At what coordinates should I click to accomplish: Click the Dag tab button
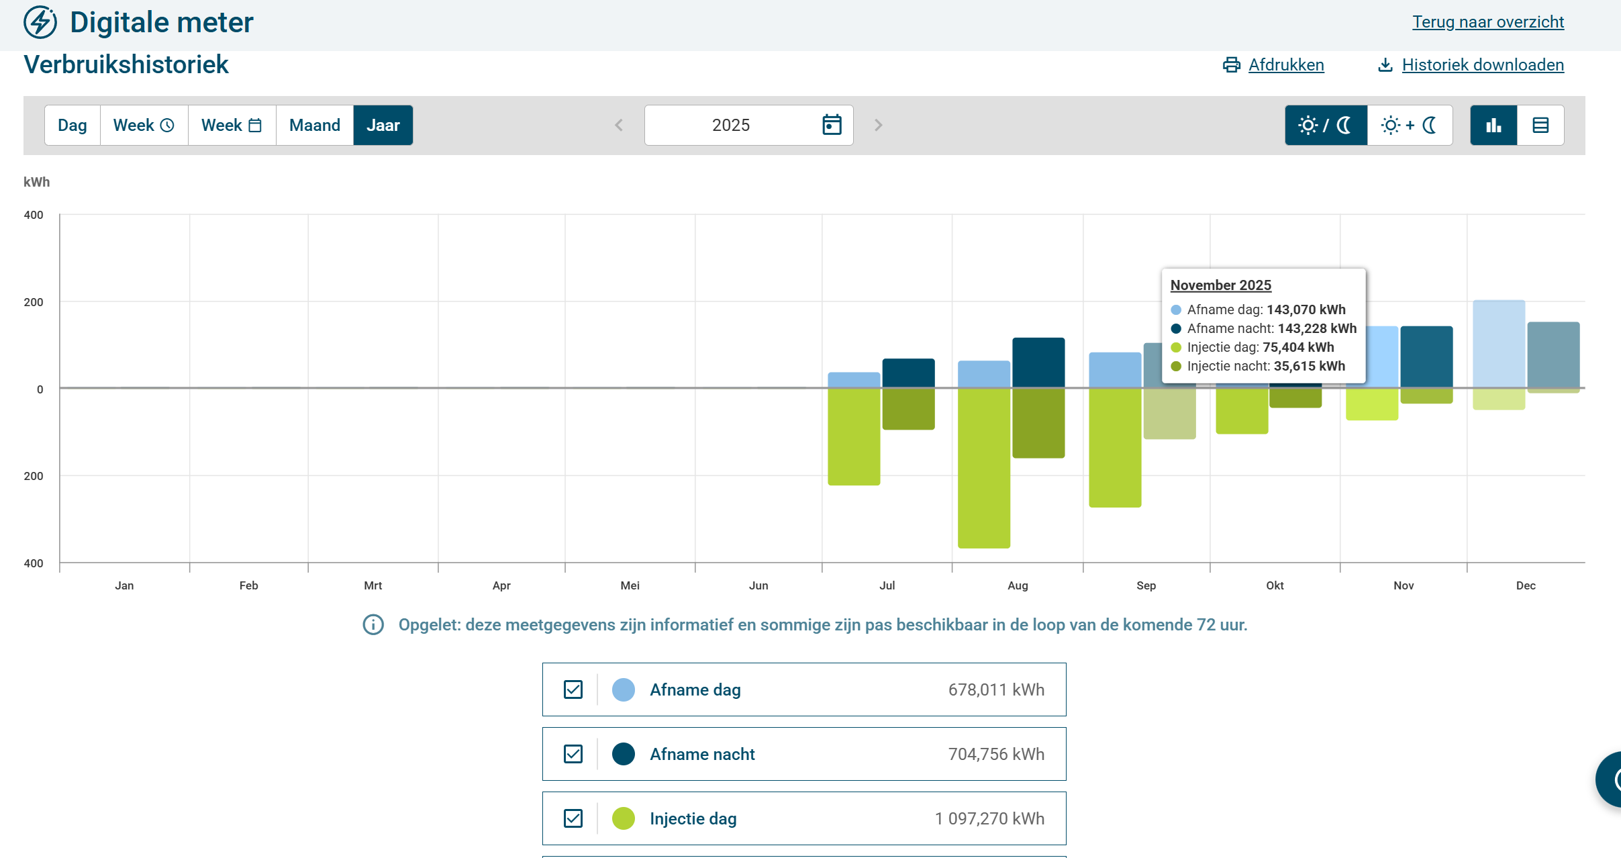tap(72, 126)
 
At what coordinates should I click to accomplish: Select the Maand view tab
tap(315, 126)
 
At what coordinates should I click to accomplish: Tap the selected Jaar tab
tap(383, 126)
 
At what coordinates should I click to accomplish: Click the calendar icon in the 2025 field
tap(832, 125)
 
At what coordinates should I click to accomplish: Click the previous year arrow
tap(619, 126)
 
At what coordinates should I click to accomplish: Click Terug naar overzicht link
tap(1488, 22)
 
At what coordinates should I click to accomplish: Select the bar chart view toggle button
tap(1493, 126)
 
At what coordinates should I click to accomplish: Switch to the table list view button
tap(1540, 126)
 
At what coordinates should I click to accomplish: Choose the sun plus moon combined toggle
tap(1410, 126)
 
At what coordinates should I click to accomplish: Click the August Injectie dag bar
tap(984, 468)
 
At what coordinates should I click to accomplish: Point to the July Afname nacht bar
tap(908, 373)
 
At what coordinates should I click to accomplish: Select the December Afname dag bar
tap(1499, 344)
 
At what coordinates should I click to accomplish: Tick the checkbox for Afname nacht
tap(573, 754)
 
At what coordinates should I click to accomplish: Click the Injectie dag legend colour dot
tap(624, 818)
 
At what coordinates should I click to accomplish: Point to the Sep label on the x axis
tap(1146, 585)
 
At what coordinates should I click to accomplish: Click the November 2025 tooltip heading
tap(1221, 285)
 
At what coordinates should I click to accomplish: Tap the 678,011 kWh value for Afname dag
tap(996, 689)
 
